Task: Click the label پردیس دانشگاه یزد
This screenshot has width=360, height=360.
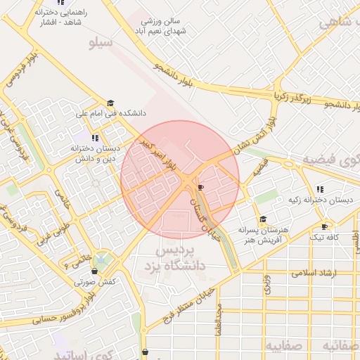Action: pos(179,259)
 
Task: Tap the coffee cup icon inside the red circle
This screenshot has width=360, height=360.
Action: pos(200,188)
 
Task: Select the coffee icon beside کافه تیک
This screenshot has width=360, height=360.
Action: pos(324,226)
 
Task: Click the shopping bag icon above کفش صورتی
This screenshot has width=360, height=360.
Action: pos(94,271)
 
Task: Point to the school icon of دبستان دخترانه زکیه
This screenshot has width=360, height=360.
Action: pos(320,189)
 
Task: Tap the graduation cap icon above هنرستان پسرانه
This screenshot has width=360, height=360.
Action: pos(263,219)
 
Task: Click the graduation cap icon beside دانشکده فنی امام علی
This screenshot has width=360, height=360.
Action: pos(110,103)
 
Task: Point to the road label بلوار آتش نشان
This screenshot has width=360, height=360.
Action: pos(252,134)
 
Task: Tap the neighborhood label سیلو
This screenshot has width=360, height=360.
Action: pos(101,44)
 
